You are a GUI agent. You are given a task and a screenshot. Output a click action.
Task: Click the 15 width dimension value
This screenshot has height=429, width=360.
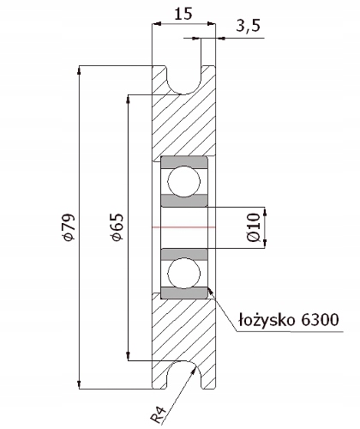tap(183, 14)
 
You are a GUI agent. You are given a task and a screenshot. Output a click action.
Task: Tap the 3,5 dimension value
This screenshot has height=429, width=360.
tap(248, 26)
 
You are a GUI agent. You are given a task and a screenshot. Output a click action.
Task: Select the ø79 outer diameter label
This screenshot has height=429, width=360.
tap(69, 227)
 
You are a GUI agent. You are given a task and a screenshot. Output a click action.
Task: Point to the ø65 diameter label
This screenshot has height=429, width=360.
tap(118, 227)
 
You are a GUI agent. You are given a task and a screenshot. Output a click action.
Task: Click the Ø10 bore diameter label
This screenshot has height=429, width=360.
tap(255, 227)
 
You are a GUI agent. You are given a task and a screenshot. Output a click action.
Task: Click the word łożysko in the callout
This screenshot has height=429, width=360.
tap(267, 320)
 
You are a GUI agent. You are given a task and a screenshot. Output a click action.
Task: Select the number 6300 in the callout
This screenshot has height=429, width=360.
tap(320, 319)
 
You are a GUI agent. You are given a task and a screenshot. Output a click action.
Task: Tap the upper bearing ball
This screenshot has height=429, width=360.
tap(184, 181)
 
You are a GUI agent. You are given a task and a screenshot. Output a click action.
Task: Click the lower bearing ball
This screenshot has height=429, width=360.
tap(184, 273)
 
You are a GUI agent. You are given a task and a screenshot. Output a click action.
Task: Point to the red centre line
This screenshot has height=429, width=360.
tap(184, 227)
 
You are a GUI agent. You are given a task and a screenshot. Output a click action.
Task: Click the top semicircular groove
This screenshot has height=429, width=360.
tap(184, 81)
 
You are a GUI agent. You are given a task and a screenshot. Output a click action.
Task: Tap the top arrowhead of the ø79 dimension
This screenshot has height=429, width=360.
tap(80, 70)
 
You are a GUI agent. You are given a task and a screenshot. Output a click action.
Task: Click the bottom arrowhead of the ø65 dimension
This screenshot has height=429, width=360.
tap(128, 356)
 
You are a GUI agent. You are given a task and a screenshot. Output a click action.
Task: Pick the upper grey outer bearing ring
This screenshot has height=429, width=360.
tap(184, 162)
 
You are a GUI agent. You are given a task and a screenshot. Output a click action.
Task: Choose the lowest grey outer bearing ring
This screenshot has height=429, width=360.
tap(184, 293)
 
